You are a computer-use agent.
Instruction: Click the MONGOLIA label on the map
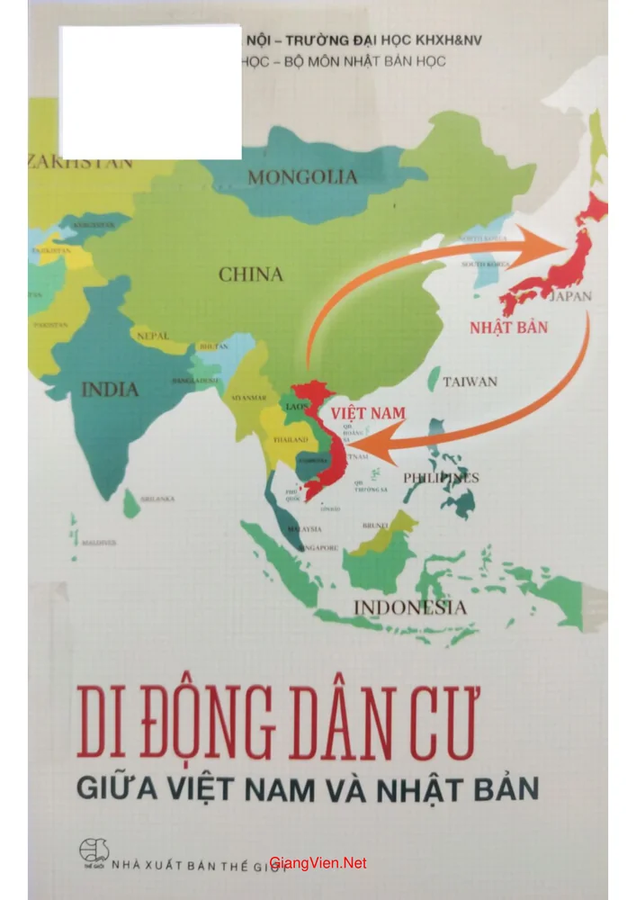pos(302,177)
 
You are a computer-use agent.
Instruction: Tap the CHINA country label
pos(250,274)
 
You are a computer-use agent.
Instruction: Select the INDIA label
pos(111,390)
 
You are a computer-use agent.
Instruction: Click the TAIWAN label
pos(470,382)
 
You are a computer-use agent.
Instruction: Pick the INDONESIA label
pos(409,607)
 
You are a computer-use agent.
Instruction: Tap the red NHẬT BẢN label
pos(508,327)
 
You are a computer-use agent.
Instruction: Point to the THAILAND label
pos(290,439)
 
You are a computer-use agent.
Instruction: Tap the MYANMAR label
pos(248,397)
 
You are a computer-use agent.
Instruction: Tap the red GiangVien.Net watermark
pos(318,862)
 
